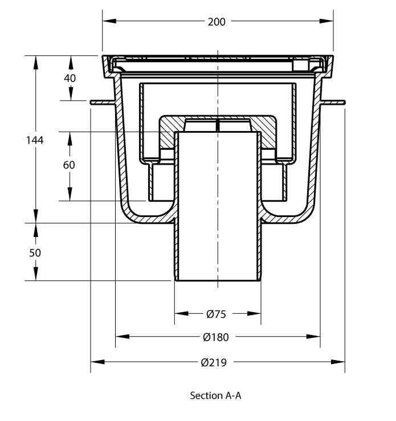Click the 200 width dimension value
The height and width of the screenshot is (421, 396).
click(x=217, y=22)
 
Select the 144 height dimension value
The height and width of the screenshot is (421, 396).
click(x=35, y=140)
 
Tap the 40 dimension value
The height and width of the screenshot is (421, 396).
click(x=70, y=78)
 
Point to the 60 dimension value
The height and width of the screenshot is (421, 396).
click(x=70, y=165)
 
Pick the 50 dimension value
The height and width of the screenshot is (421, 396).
click(x=35, y=252)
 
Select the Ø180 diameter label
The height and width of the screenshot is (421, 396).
click(x=216, y=337)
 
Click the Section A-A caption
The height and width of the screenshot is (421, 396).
click(x=216, y=395)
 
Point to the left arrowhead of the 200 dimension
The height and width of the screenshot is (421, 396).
click(x=108, y=22)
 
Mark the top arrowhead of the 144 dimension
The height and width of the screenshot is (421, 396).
click(x=35, y=60)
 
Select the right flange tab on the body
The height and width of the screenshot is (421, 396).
click(x=334, y=103)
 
